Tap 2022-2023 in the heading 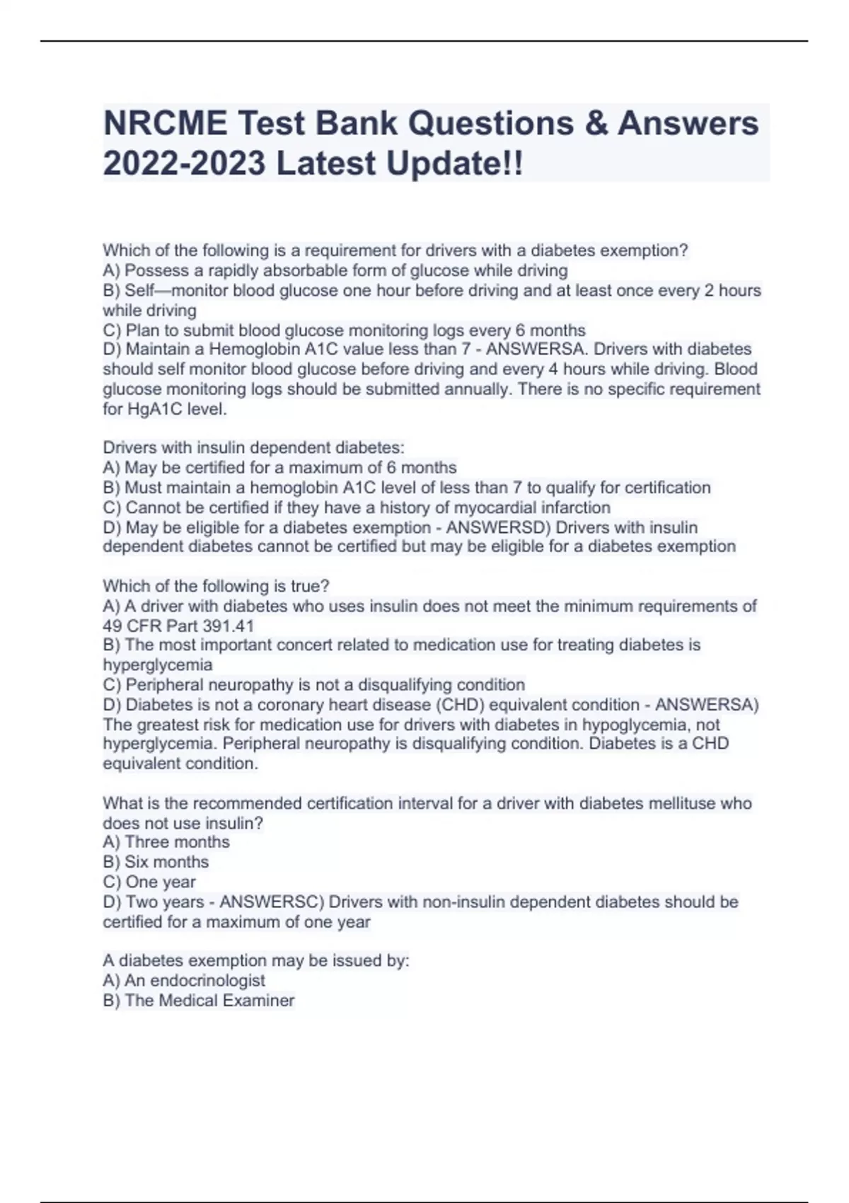[185, 164]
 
